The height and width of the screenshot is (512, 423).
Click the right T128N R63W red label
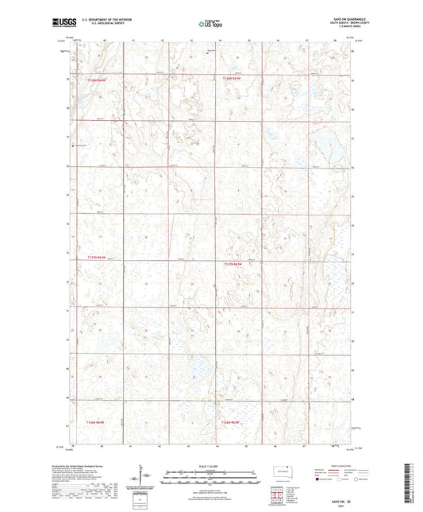(230, 79)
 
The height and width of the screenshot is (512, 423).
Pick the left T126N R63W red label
(84, 422)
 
